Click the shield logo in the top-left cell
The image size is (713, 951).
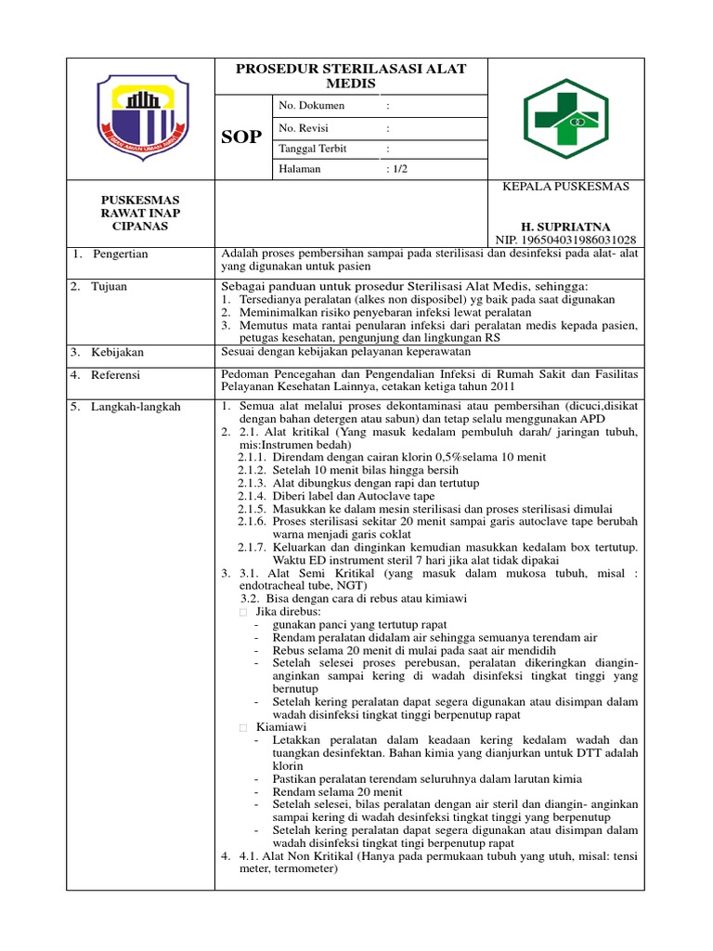(142, 116)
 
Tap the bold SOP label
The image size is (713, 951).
(241, 137)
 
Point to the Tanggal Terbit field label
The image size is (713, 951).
(313, 149)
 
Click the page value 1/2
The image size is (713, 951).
(396, 169)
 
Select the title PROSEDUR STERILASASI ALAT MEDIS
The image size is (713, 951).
(351, 76)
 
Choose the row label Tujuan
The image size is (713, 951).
(109, 286)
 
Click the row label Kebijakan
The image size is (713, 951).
(116, 353)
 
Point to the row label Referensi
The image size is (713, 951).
(116, 375)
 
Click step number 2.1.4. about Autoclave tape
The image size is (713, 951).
(253, 496)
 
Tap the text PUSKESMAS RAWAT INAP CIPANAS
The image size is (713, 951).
(140, 213)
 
